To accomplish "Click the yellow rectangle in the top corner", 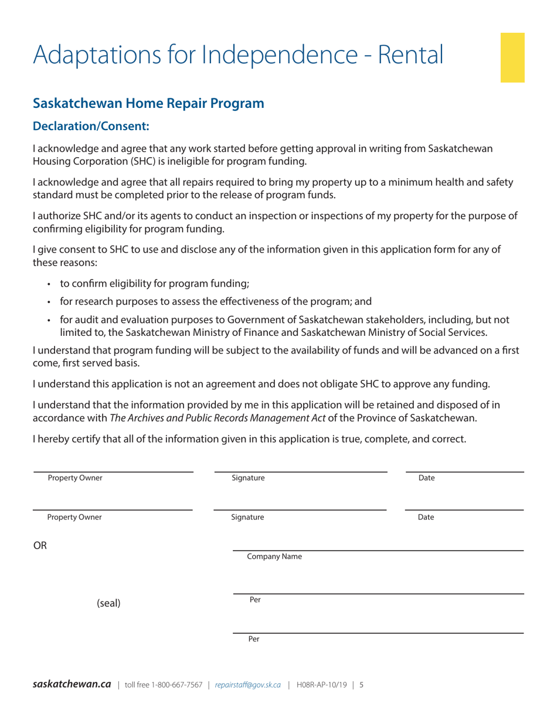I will [x=512, y=57].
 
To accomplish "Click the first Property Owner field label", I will [x=75, y=478].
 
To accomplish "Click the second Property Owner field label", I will [x=74, y=517].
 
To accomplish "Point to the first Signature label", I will [x=248, y=478].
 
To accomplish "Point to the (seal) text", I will [x=108, y=603].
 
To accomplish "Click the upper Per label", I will [x=255, y=600].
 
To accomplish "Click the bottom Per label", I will [x=255, y=639].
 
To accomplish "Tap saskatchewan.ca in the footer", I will [x=72, y=684].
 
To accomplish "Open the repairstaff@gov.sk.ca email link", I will [x=248, y=685].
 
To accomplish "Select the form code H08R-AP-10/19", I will [x=322, y=685].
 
